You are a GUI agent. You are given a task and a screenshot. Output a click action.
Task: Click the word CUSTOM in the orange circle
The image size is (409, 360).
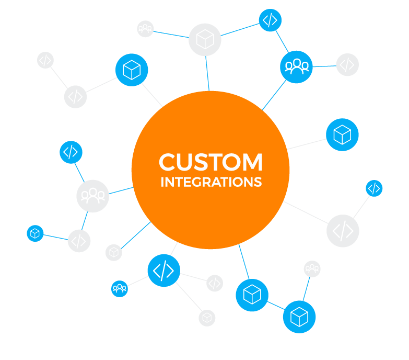(x=211, y=162)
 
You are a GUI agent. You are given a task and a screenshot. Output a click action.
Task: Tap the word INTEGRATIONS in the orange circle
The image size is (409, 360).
(x=211, y=182)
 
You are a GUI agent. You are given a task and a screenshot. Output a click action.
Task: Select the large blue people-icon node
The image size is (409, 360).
(x=296, y=66)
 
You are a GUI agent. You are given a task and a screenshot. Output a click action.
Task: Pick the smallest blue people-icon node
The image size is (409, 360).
(x=120, y=288)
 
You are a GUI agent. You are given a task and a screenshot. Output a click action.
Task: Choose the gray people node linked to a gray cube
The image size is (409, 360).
(x=145, y=28)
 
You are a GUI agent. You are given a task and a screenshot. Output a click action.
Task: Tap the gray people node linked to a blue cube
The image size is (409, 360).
(x=312, y=269)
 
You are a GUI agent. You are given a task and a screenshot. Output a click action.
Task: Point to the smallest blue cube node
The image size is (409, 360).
(x=35, y=233)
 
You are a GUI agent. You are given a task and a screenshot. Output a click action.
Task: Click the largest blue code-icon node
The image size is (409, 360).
(x=163, y=271)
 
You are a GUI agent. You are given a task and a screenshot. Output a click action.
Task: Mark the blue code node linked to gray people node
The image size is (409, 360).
(x=70, y=152)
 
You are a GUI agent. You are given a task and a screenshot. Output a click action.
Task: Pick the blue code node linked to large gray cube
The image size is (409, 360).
(x=270, y=20)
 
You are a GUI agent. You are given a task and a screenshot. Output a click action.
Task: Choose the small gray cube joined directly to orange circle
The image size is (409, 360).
(x=114, y=252)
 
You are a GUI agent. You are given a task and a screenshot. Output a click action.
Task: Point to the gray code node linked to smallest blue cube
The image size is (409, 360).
(x=79, y=241)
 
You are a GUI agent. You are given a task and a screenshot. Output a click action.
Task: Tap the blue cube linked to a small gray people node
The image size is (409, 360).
(x=299, y=317)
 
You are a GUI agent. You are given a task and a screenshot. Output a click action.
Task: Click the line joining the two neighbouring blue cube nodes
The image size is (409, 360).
(x=276, y=306)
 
